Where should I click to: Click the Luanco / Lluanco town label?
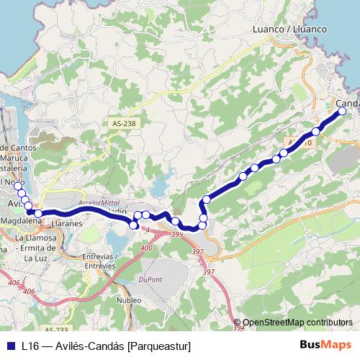[x=290, y=29]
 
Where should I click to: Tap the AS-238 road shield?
[x=124, y=123]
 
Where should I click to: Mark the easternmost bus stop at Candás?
[x=342, y=111]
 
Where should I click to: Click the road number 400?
[x=147, y=248]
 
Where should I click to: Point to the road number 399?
[x=178, y=235]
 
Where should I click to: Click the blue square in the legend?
[x=10, y=346]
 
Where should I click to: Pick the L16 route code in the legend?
[x=30, y=346]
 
